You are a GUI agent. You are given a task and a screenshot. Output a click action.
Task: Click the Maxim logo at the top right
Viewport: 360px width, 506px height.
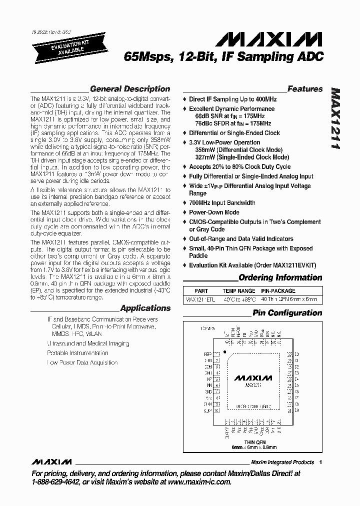(x=285, y=40)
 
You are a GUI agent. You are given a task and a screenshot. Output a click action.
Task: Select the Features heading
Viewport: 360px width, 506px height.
(x=305, y=89)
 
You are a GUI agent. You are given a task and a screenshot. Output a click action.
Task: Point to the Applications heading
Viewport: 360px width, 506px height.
(x=145, y=308)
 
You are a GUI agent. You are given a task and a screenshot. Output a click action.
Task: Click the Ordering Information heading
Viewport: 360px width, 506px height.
(x=280, y=277)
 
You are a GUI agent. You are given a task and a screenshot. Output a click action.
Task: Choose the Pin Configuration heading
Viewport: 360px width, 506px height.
(x=287, y=313)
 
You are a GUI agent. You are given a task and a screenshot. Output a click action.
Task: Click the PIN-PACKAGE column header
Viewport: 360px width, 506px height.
(x=278, y=291)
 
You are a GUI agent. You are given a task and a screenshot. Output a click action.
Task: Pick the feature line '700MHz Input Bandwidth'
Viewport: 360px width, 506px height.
(x=222, y=203)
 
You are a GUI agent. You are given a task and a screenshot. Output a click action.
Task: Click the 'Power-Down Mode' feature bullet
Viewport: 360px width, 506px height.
(x=214, y=212)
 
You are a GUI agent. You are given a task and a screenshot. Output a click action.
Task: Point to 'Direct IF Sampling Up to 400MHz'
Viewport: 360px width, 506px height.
(x=232, y=99)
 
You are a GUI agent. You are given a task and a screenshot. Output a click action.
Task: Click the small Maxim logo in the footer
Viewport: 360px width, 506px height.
(x=51, y=461)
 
